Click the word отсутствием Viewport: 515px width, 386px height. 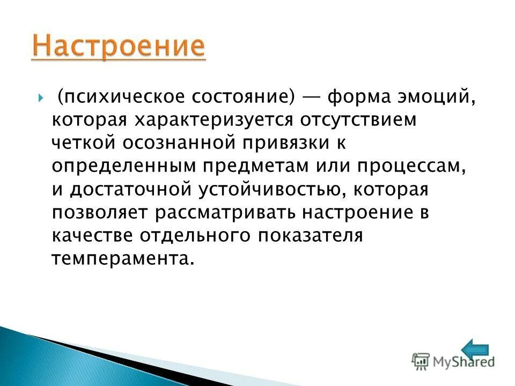point(365,120)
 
